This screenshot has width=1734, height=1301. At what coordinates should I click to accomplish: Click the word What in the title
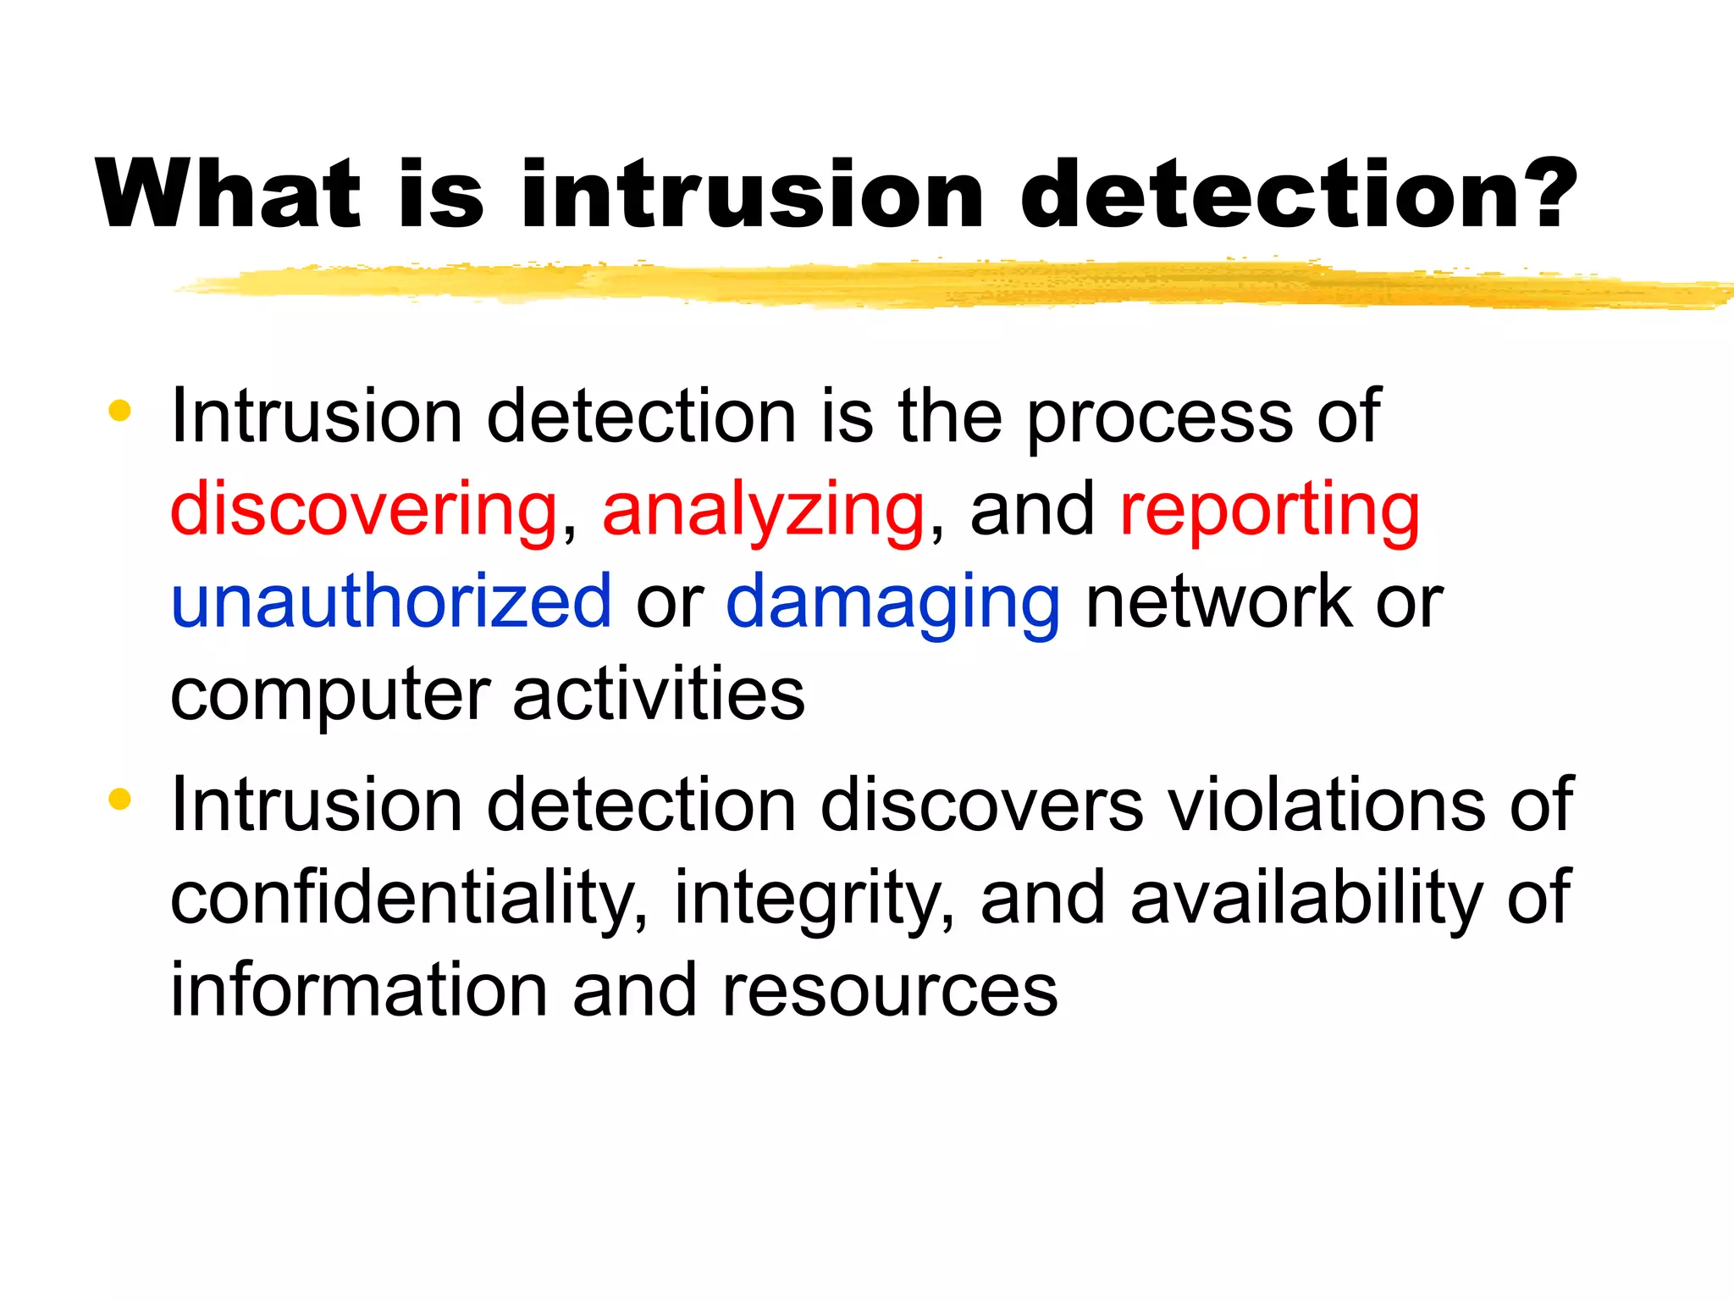(x=229, y=194)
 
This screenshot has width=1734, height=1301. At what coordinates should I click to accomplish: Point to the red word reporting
(x=1269, y=511)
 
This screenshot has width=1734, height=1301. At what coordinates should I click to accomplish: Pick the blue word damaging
(x=893, y=603)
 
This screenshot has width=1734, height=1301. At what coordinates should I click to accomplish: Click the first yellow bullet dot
(x=120, y=412)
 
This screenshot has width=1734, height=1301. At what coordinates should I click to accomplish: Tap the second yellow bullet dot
(x=120, y=800)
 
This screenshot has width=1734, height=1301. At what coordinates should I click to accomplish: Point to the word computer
(x=330, y=696)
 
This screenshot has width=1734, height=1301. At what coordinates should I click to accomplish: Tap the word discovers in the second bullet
(x=982, y=805)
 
